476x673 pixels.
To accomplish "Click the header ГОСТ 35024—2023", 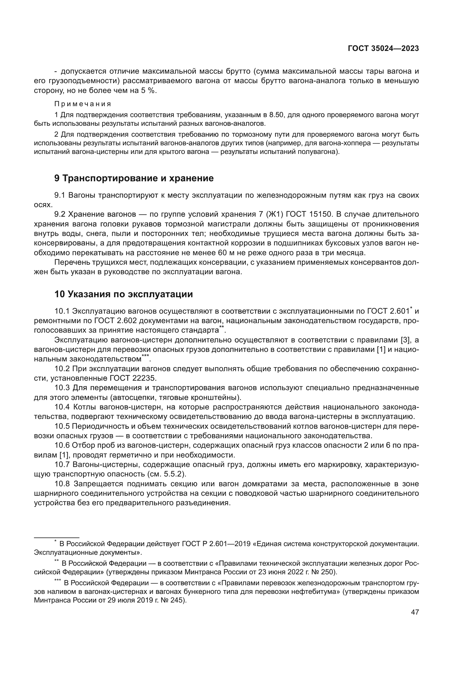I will (383, 49).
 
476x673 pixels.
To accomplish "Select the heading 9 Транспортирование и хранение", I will (134, 178).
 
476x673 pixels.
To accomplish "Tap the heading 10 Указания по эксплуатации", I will (123, 294).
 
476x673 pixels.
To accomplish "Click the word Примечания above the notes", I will (83, 104).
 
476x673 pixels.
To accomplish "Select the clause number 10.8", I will (63, 484).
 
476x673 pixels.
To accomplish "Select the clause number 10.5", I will (63, 426).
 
